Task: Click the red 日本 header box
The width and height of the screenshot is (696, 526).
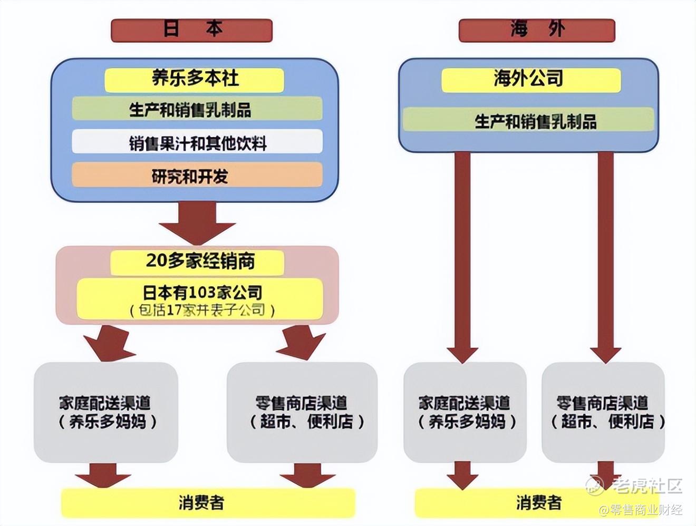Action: click(x=191, y=30)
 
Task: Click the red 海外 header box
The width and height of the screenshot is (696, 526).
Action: click(x=537, y=30)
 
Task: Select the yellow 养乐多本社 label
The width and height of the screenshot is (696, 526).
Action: click(x=195, y=80)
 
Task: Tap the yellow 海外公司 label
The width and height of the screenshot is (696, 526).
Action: click(x=530, y=80)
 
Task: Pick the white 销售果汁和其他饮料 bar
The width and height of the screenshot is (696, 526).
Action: click(x=197, y=143)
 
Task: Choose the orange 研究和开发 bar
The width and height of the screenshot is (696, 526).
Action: click(x=197, y=176)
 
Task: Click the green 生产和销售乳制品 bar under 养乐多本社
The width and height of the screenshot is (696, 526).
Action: click(x=197, y=110)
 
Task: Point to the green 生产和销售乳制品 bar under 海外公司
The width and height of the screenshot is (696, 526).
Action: click(x=529, y=121)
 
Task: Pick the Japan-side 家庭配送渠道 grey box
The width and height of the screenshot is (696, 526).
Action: click(x=106, y=412)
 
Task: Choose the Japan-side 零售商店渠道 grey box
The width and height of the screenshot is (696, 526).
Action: click(x=302, y=412)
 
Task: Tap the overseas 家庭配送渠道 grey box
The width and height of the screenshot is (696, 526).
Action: click(x=465, y=412)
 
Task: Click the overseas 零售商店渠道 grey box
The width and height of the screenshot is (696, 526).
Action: click(x=603, y=412)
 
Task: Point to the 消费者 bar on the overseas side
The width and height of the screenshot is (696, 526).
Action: click(x=538, y=502)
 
